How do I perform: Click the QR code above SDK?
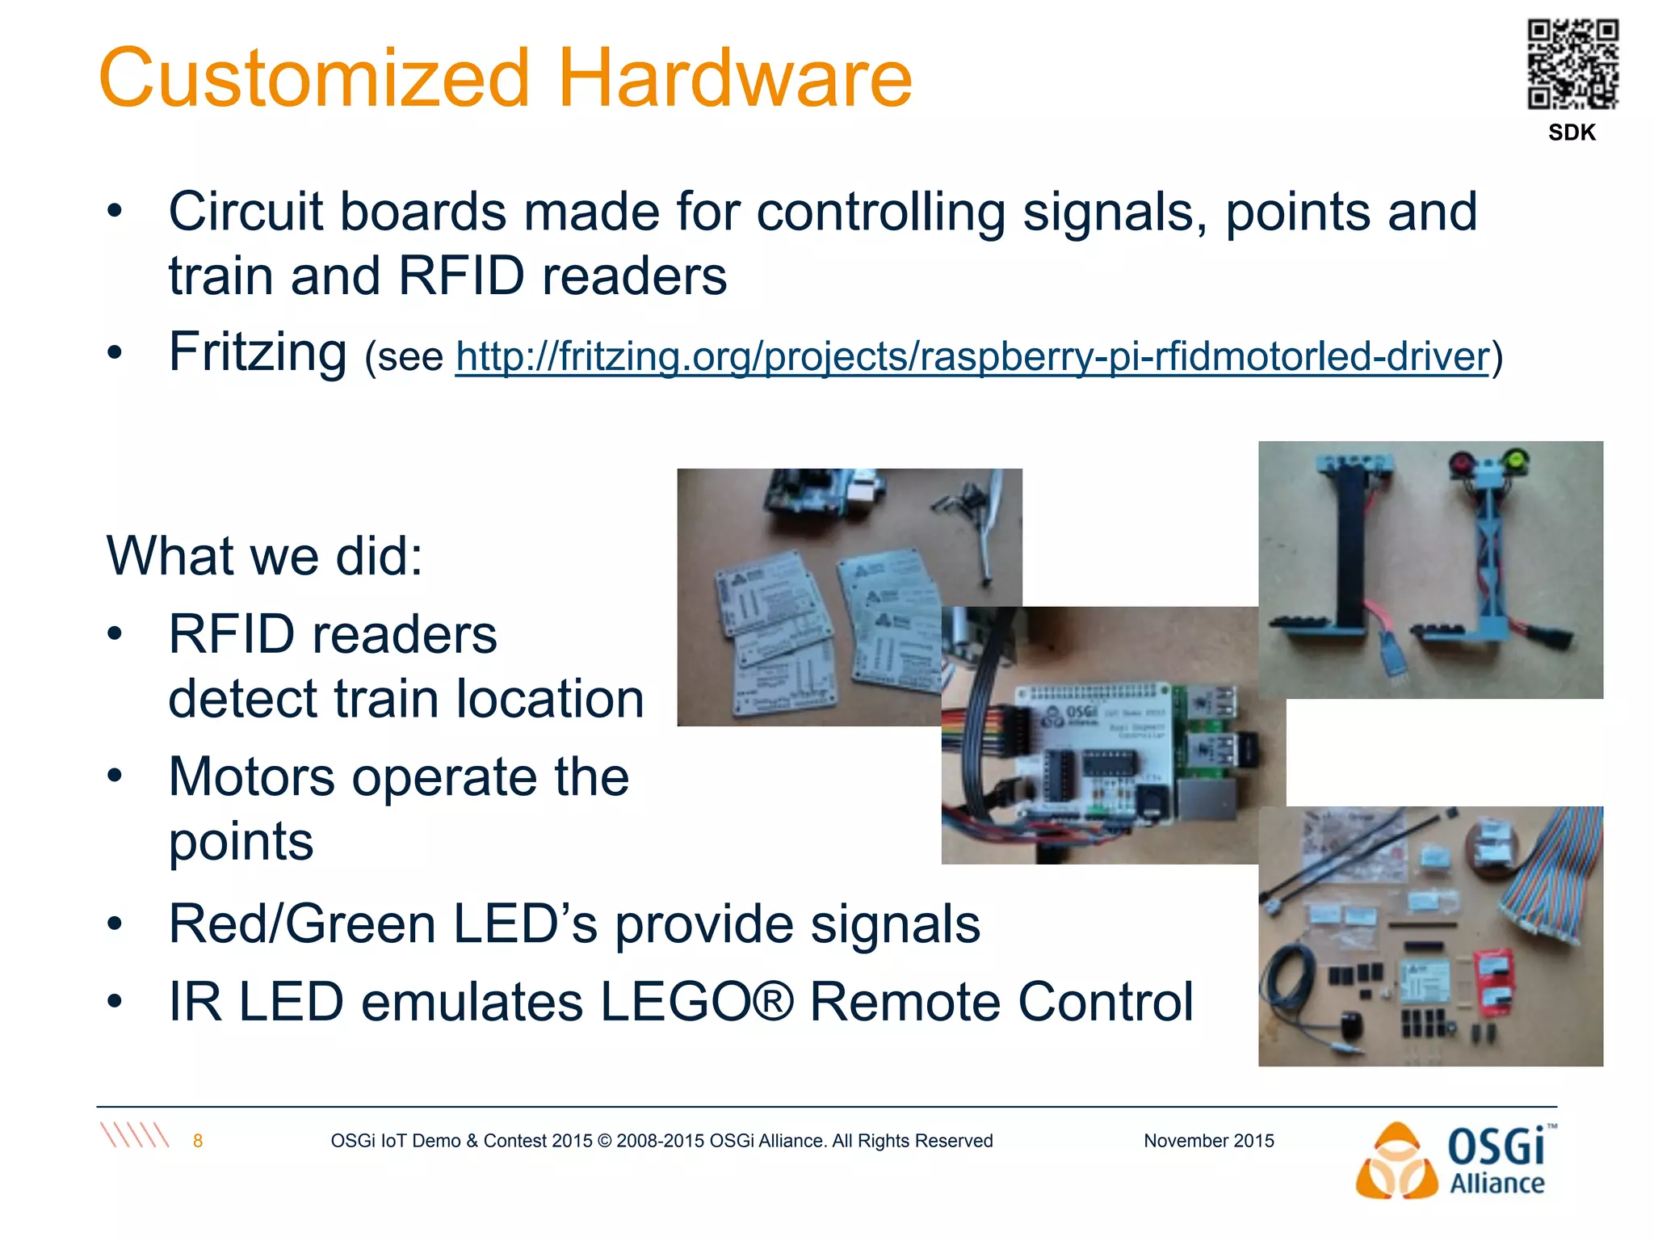(x=1572, y=65)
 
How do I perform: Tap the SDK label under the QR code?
(x=1572, y=133)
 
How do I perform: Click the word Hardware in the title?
(x=734, y=78)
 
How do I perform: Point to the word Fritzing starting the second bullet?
(x=257, y=352)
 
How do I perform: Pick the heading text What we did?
(x=264, y=556)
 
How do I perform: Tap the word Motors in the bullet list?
(x=251, y=777)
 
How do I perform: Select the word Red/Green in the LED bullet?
(x=302, y=923)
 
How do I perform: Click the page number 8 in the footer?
(x=198, y=1141)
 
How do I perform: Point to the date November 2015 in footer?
(x=1208, y=1141)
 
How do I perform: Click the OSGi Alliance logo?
(x=1454, y=1161)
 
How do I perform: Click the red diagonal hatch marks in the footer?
(x=135, y=1135)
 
